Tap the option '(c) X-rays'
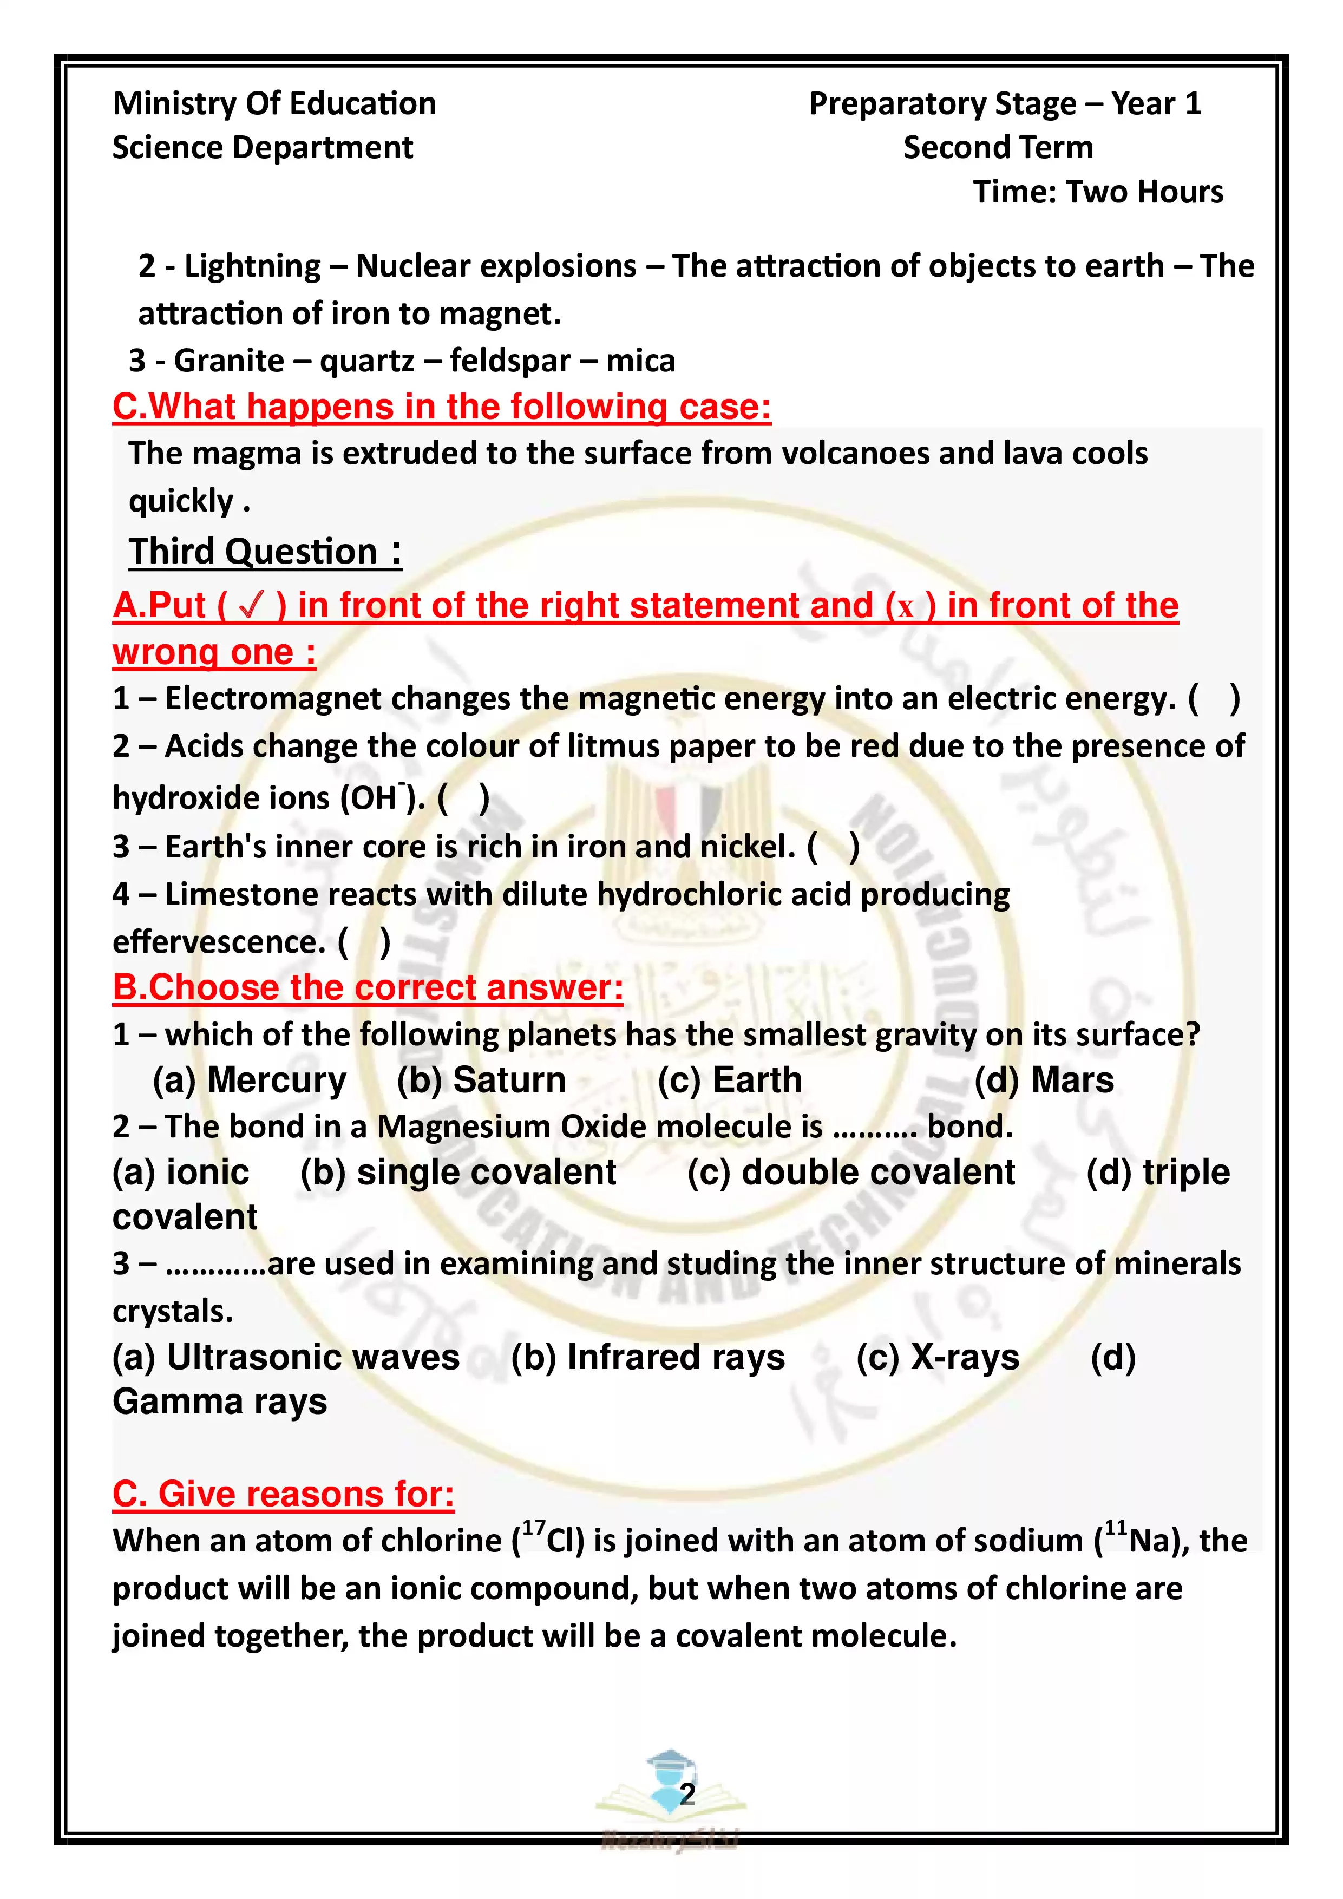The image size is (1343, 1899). tap(938, 1357)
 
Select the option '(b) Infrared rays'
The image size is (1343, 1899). tap(647, 1357)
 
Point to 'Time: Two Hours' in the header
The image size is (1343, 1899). tap(1097, 192)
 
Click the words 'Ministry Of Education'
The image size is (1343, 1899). tap(274, 104)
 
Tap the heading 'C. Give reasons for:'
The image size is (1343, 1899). tap(283, 1495)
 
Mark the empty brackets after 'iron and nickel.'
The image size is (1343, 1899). tap(834, 847)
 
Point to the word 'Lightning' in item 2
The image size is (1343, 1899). tap(252, 266)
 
